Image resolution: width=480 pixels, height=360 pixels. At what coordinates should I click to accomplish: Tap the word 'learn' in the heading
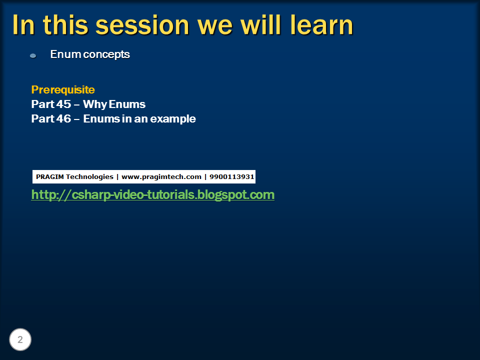click(322, 25)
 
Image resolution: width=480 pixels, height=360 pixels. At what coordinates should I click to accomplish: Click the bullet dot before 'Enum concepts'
click(33, 55)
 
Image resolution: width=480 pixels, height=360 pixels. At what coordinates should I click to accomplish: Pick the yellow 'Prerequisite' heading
click(63, 90)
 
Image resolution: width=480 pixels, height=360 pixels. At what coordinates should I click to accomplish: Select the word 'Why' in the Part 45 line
click(94, 104)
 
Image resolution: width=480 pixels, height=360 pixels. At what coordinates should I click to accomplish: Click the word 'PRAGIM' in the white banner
click(49, 177)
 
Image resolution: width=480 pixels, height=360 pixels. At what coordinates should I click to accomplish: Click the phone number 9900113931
click(231, 177)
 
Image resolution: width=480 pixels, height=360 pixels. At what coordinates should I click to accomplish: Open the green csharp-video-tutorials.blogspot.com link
click(152, 194)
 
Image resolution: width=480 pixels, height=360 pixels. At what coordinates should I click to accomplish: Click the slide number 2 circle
click(20, 340)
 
